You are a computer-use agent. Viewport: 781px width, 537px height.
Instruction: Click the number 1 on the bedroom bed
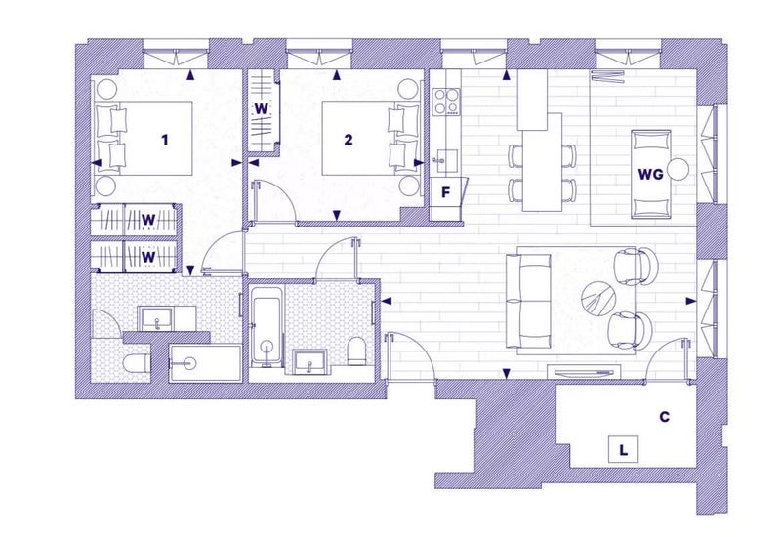coord(165,140)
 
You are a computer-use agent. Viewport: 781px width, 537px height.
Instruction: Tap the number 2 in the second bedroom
coord(349,140)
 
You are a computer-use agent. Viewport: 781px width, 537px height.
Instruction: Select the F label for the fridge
coord(446,192)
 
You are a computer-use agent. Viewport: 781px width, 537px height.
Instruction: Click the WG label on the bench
coord(650,175)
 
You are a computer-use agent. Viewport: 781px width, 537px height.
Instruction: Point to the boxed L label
coord(623,450)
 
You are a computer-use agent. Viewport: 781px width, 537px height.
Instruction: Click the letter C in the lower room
coord(665,417)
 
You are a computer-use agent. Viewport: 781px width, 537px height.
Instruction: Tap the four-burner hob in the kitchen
coord(446,102)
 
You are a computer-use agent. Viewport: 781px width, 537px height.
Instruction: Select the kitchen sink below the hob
coord(444,161)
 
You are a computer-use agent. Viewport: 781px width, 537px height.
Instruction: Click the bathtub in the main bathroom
coord(267,326)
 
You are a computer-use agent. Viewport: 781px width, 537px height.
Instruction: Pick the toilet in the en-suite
coord(135,364)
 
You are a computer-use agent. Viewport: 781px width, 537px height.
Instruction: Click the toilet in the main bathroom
coord(356,351)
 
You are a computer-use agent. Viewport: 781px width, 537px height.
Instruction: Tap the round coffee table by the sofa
coord(598,298)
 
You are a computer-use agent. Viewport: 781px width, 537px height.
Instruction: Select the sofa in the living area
coord(529,301)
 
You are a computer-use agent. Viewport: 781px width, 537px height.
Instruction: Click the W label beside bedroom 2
coord(261,109)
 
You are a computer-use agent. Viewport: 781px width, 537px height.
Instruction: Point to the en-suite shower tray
coord(205,363)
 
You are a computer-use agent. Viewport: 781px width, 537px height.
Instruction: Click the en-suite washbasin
coord(157,318)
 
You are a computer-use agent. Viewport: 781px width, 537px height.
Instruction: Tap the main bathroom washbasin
coord(309,361)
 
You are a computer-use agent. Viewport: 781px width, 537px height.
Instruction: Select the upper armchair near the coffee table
coord(637,267)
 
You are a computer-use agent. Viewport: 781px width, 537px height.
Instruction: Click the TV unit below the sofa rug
coord(584,372)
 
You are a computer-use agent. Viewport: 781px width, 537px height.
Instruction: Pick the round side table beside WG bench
coord(678,169)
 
